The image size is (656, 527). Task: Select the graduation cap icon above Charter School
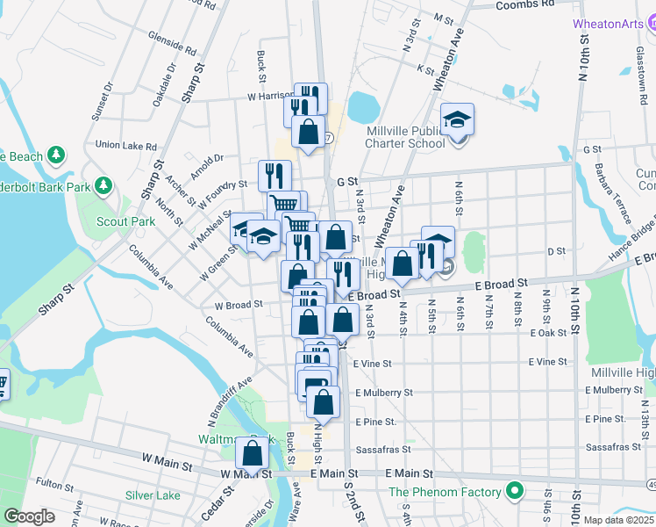coord(456,119)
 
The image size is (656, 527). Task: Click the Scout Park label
coord(125,221)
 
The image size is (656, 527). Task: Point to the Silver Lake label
coord(153,495)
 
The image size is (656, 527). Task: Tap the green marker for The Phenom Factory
coord(515,492)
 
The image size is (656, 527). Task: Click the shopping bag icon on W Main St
coord(253,454)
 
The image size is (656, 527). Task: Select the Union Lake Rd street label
coord(125,146)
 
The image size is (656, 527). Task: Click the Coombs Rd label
coord(525,4)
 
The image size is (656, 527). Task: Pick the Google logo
coord(29,516)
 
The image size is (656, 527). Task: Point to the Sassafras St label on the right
coord(619,447)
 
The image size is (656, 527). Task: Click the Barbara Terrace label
coord(614,190)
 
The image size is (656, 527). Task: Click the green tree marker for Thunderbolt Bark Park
coord(103,186)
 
